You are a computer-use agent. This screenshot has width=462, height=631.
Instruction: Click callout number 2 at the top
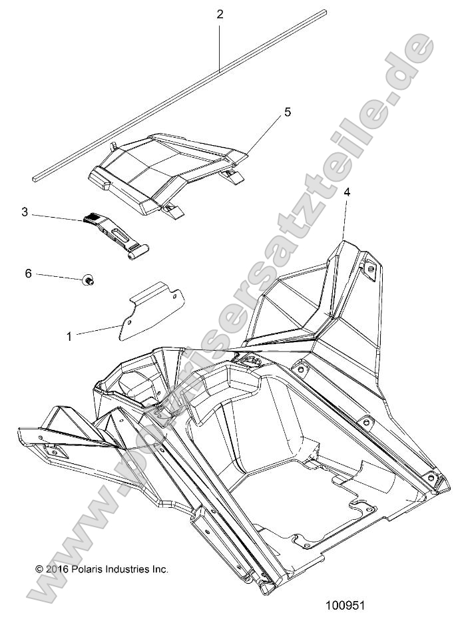[x=220, y=14]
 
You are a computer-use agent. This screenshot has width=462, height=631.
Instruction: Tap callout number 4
[x=346, y=192]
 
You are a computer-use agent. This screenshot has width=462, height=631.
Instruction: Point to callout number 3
[x=25, y=212]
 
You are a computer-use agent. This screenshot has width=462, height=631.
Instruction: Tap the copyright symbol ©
[x=39, y=569]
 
